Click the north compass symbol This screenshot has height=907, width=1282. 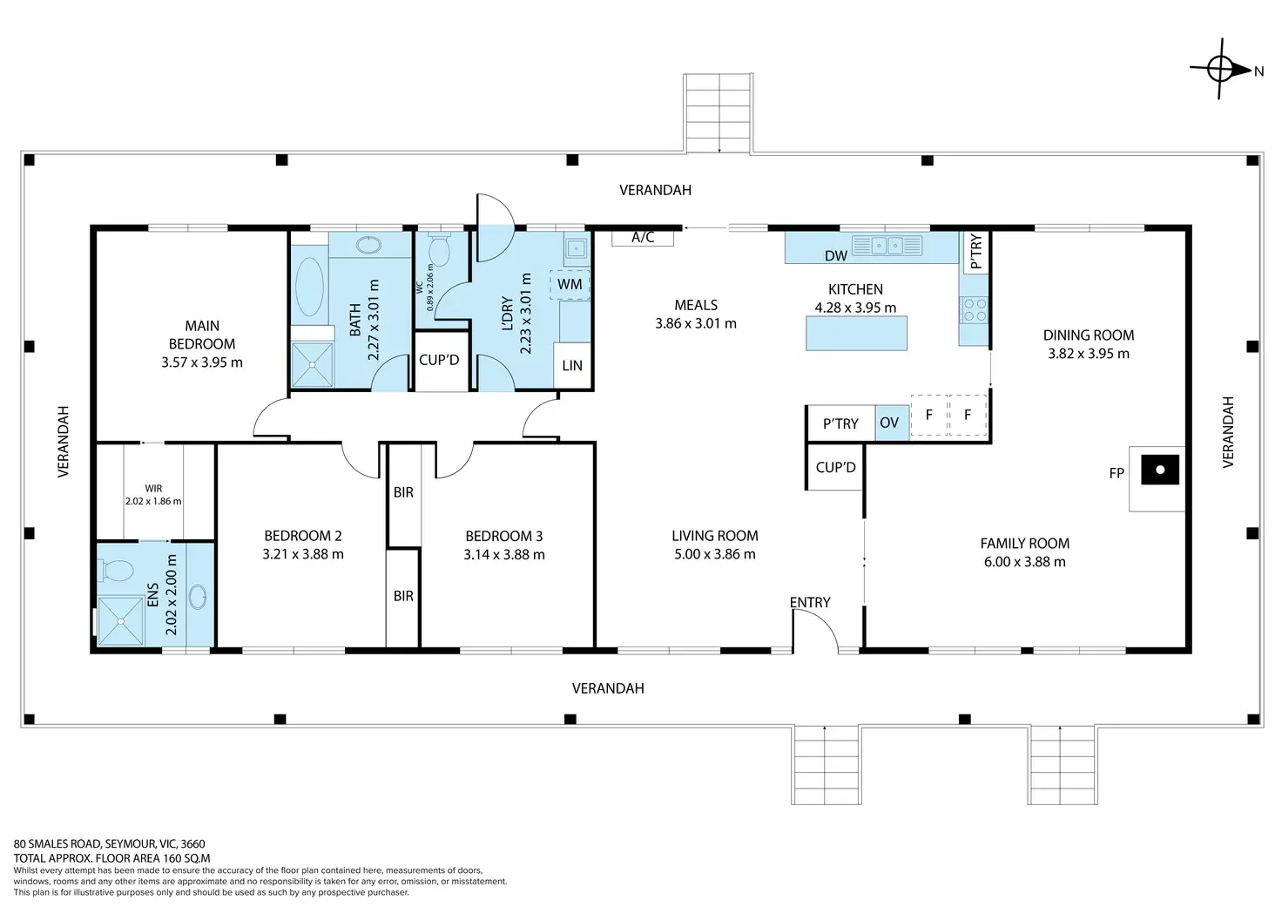click(x=1220, y=70)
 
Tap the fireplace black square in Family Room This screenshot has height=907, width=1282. click(x=1160, y=470)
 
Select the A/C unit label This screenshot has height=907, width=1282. click(x=643, y=237)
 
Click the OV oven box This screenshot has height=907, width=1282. click(x=892, y=423)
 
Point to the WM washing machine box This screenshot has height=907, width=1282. click(x=570, y=285)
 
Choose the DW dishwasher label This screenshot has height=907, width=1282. click(x=835, y=256)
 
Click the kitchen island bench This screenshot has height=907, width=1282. click(x=856, y=333)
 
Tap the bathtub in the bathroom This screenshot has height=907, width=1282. click(x=310, y=287)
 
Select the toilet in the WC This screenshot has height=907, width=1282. click(x=439, y=249)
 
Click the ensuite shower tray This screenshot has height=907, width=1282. click(x=120, y=620)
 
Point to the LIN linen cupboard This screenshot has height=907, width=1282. click(x=571, y=365)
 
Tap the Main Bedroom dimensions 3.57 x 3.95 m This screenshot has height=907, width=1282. click(x=202, y=362)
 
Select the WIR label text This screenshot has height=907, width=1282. click(x=153, y=489)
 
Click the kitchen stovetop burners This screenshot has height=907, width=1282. click(x=974, y=310)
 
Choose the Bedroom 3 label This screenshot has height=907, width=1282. click(x=503, y=537)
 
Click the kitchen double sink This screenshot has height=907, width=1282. click(x=887, y=246)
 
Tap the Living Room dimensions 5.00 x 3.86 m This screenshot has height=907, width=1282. click(x=715, y=554)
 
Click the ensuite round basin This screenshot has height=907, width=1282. click(x=198, y=597)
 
